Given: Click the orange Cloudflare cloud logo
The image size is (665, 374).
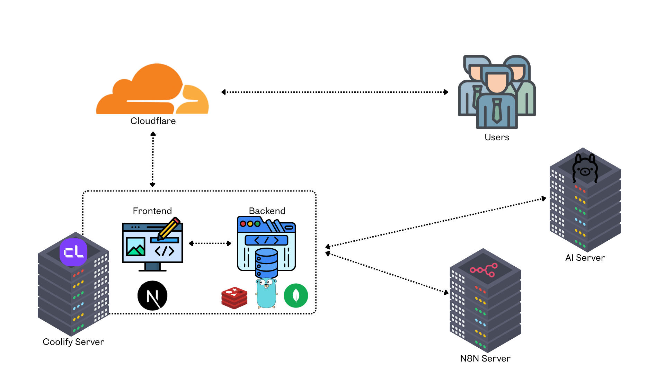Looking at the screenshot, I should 152,90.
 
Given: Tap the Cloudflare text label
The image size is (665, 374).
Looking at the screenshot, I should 153,121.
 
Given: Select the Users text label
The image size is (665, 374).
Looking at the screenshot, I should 497,137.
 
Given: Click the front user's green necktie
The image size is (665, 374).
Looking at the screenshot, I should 497,110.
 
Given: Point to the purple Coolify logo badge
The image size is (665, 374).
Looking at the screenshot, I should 73,252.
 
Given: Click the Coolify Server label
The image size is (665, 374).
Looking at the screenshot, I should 73,342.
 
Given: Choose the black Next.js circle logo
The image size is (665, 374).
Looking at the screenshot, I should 152,295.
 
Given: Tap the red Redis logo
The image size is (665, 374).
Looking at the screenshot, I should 234,297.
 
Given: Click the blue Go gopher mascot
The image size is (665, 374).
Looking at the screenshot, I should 266,293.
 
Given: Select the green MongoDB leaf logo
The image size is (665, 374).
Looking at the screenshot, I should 296,295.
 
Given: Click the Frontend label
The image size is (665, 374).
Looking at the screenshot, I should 152,211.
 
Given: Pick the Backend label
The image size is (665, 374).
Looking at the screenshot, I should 267,211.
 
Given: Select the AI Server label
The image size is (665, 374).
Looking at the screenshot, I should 585,258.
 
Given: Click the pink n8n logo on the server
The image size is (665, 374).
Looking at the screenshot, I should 484,270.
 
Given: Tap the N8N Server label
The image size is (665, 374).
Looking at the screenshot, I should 485,358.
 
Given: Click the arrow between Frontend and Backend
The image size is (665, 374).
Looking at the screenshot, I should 210,243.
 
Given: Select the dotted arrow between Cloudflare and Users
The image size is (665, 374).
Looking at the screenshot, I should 335,92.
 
